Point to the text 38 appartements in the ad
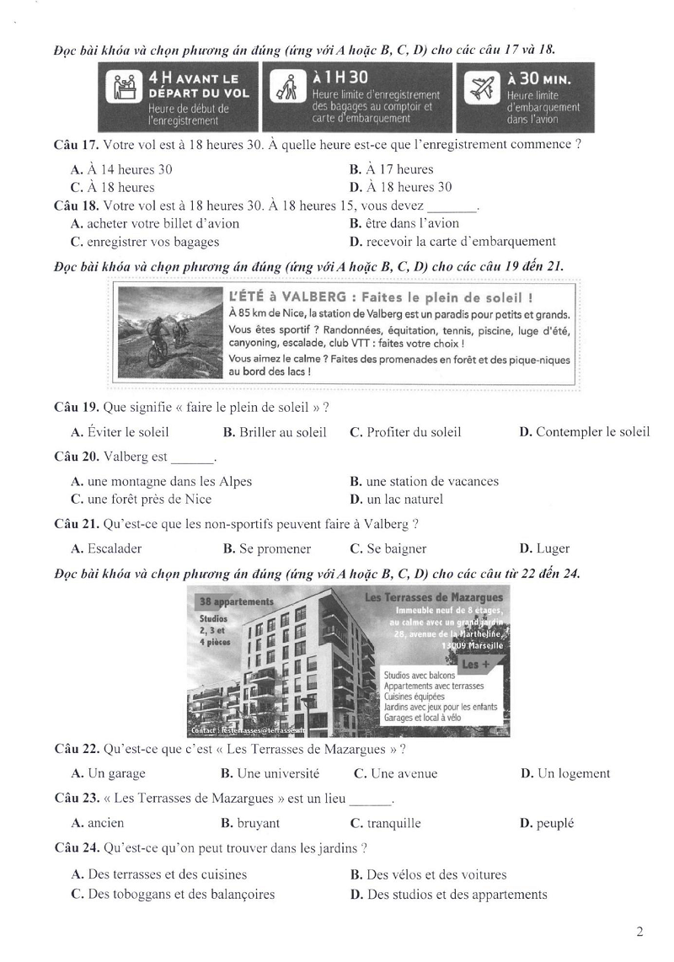click(238, 602)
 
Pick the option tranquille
click(393, 823)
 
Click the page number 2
click(640, 932)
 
